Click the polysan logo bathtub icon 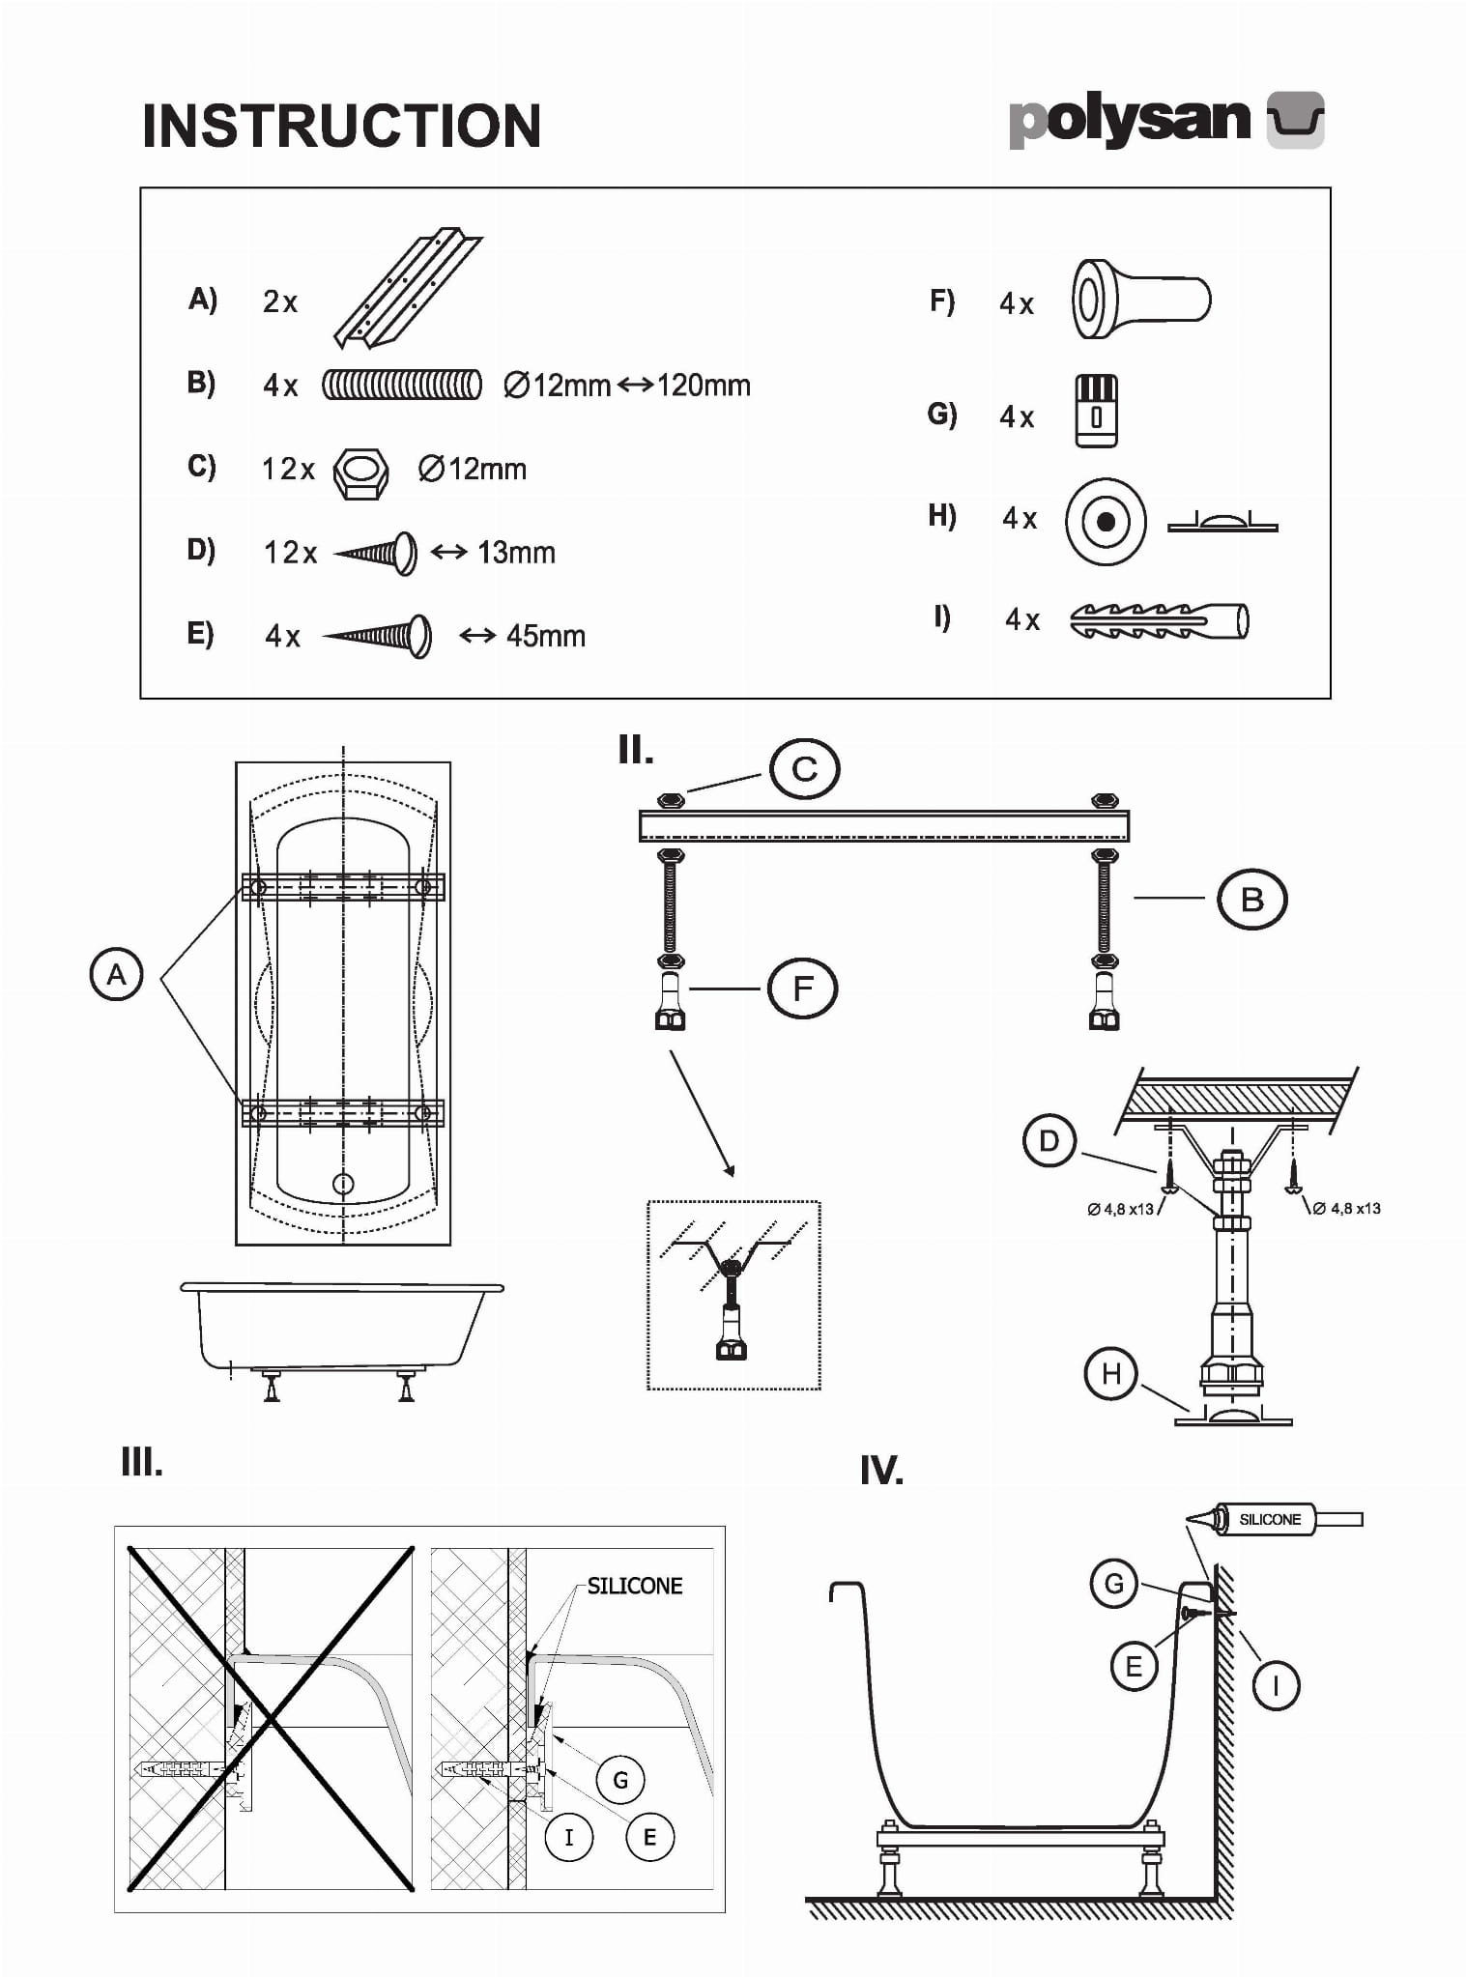[1295, 121]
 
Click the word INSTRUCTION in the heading [341, 126]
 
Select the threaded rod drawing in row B [401, 385]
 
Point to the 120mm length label [703, 386]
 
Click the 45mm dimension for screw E [545, 636]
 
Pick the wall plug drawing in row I [1160, 620]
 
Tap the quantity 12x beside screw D [290, 553]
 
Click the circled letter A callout [116, 974]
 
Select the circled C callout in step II [804, 769]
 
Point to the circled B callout [1251, 900]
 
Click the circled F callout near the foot [802, 988]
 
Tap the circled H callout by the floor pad [1110, 1373]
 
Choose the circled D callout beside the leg [1049, 1141]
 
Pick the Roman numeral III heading [142, 1462]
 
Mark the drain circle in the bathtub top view [343, 1183]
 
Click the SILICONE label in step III [635, 1586]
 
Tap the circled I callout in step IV [1276, 1686]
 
